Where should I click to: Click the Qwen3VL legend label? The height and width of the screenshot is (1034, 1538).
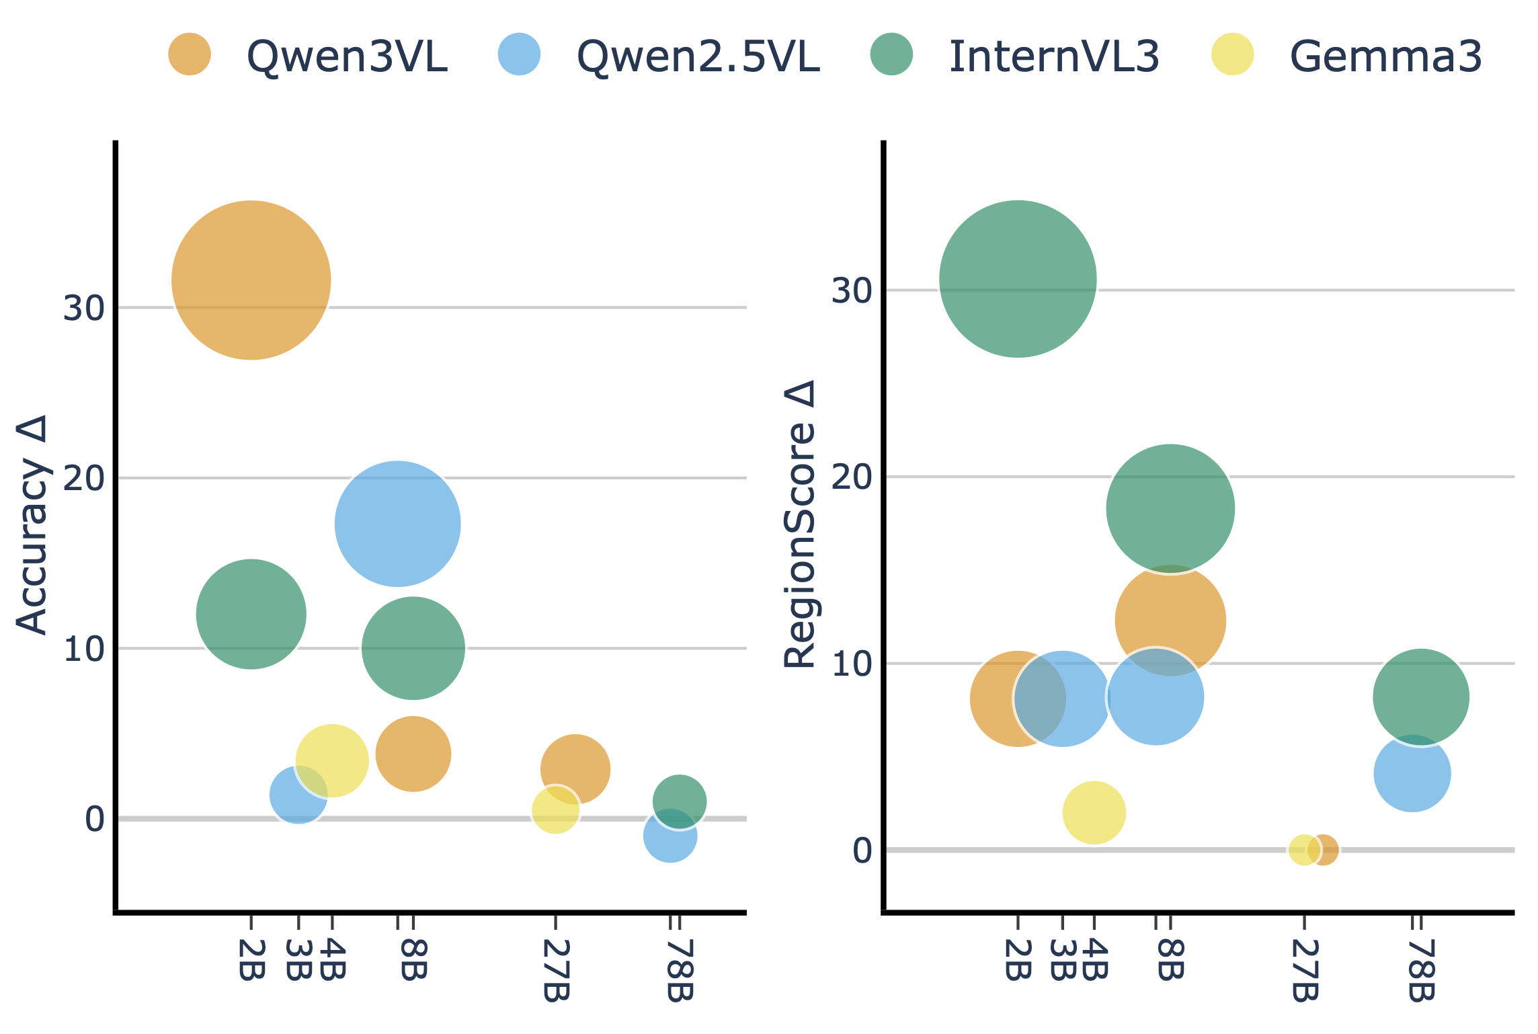coord(347,56)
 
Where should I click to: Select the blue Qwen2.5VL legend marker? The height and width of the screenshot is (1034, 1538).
coord(519,54)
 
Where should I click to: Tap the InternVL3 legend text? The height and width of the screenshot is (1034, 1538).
coord(1054,56)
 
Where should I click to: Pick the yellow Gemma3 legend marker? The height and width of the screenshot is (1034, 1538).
coord(1232,54)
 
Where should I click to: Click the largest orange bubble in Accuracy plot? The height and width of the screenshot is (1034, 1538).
coord(251,280)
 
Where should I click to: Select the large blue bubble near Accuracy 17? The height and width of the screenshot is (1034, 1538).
coord(397,524)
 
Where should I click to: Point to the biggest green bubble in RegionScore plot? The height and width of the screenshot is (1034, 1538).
coord(1018,279)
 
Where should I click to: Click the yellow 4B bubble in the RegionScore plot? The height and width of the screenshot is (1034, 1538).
coord(1094,813)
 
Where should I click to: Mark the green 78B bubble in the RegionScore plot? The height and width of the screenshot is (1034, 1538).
coord(1420,697)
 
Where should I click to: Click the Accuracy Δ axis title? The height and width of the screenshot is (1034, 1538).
coord(32,524)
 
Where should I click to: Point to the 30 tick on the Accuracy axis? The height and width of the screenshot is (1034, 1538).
coord(84,308)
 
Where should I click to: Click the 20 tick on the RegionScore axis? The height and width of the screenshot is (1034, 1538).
coord(851,477)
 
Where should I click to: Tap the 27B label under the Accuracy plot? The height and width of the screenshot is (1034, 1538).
coord(556,970)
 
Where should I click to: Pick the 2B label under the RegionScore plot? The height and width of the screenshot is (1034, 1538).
coord(1018,959)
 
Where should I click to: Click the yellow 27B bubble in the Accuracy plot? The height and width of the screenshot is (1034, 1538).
coord(555,810)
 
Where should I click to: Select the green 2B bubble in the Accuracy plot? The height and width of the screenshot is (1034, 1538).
coord(251,614)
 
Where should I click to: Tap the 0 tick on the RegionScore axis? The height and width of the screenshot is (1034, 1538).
coord(862,850)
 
